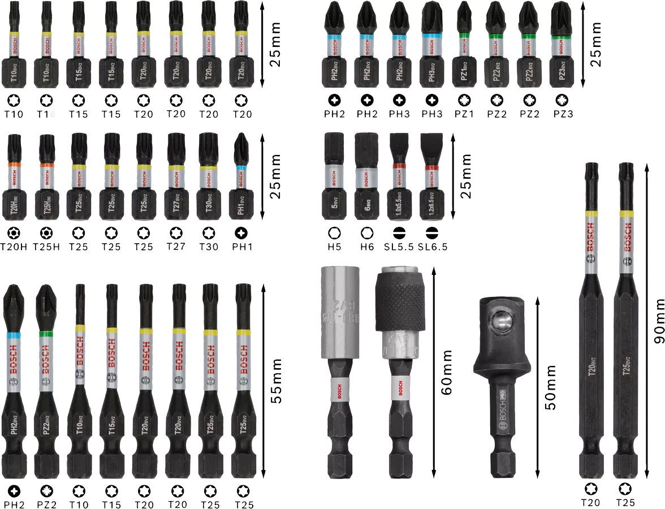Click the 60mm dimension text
447,372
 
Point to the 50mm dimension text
550,387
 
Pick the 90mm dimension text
658,321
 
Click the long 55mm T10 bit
79,379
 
